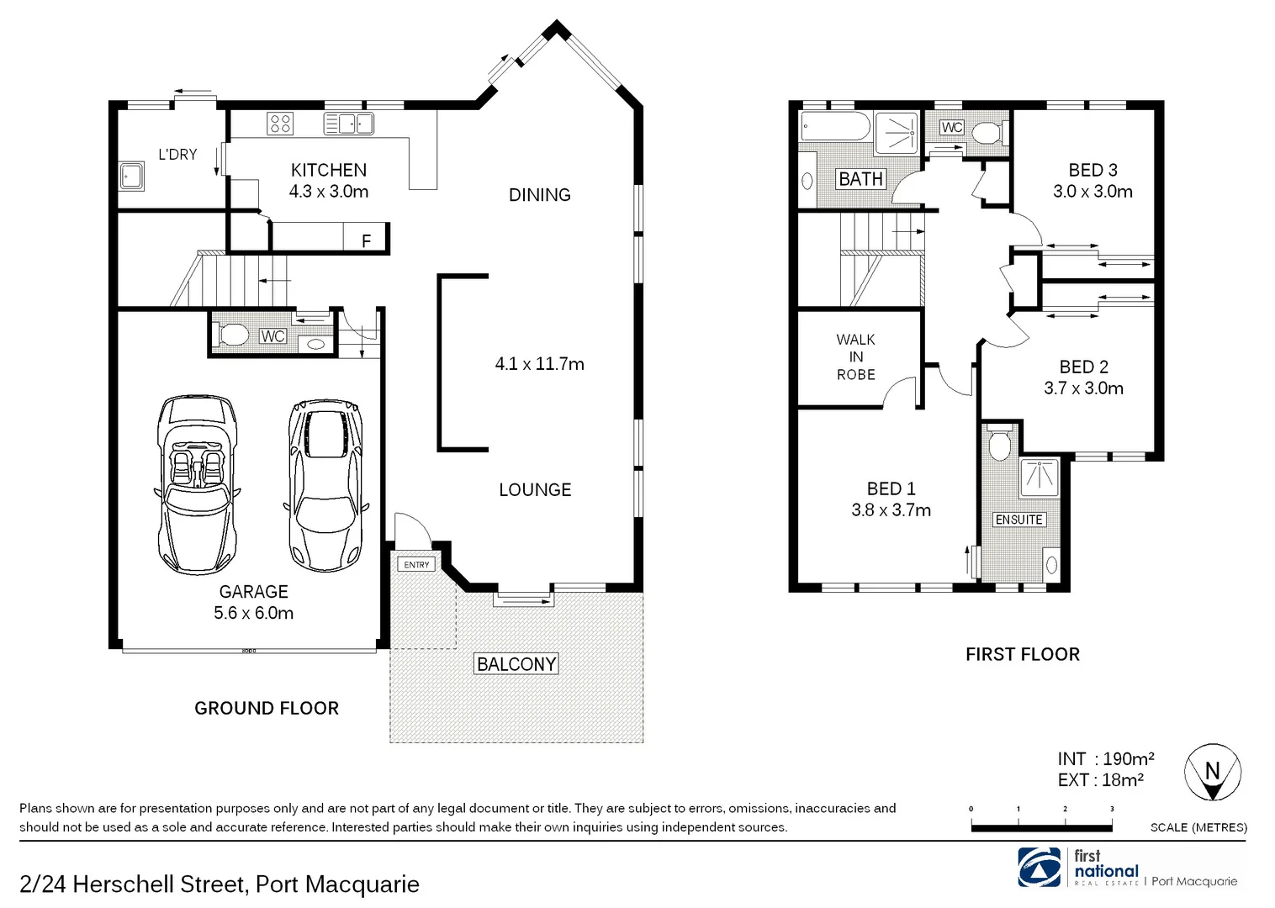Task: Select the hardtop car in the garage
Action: point(326,484)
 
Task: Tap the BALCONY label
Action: point(516,664)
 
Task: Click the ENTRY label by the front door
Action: point(416,564)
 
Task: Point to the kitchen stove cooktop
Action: point(280,124)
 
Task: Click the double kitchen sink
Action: point(348,124)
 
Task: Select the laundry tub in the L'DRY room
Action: point(131,177)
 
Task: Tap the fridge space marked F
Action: point(366,240)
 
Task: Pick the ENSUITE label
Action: point(1018,520)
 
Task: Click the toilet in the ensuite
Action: point(999,446)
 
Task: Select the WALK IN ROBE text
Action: point(855,357)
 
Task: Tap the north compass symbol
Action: point(1212,773)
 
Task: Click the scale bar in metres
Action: point(1041,827)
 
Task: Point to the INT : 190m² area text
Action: point(1105,759)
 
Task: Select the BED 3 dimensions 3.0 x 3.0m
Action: point(1092,192)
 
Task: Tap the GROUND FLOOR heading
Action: point(267,708)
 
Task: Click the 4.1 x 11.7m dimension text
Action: point(539,364)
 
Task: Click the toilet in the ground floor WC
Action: point(233,336)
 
